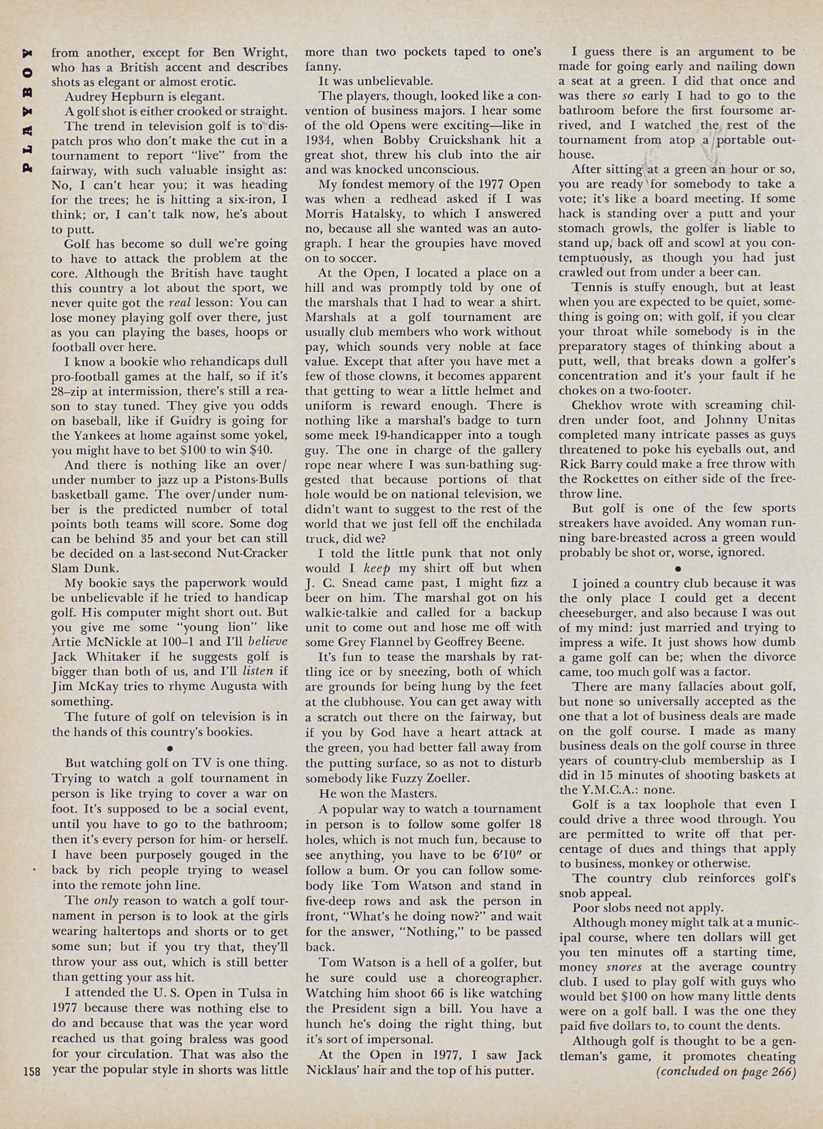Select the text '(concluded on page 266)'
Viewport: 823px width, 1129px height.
(x=726, y=1071)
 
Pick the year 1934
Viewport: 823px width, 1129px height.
(x=320, y=140)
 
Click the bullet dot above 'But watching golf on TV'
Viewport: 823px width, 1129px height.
(x=170, y=748)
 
